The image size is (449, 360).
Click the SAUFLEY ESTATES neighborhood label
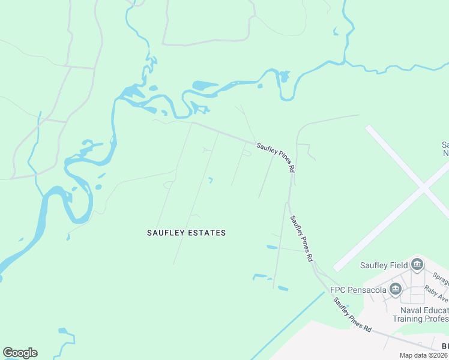(186, 233)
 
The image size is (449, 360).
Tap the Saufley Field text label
(384, 265)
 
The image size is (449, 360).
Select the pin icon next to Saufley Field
(417, 265)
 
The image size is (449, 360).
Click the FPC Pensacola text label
(357, 290)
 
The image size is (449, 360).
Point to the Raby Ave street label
(436, 293)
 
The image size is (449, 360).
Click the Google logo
(20, 353)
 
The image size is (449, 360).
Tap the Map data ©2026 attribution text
(424, 355)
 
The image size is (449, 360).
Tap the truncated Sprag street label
(441, 279)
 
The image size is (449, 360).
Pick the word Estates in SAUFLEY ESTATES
(206, 233)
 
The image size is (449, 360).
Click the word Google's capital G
(8, 353)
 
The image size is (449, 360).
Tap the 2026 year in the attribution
(441, 355)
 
